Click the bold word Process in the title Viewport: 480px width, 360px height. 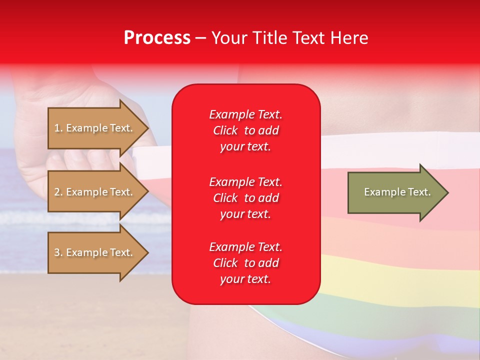[157, 38]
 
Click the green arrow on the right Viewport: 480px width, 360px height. [395, 192]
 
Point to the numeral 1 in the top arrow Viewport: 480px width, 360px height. [57, 128]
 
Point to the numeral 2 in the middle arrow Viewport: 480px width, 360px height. [57, 192]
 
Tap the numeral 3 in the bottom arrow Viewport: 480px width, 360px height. [57, 252]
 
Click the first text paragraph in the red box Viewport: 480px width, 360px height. [245, 130]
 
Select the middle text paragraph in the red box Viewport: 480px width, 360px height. [245, 197]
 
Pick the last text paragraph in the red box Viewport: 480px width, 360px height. [245, 263]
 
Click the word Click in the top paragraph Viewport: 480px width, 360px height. [225, 130]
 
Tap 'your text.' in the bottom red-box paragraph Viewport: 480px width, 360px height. [245, 279]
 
